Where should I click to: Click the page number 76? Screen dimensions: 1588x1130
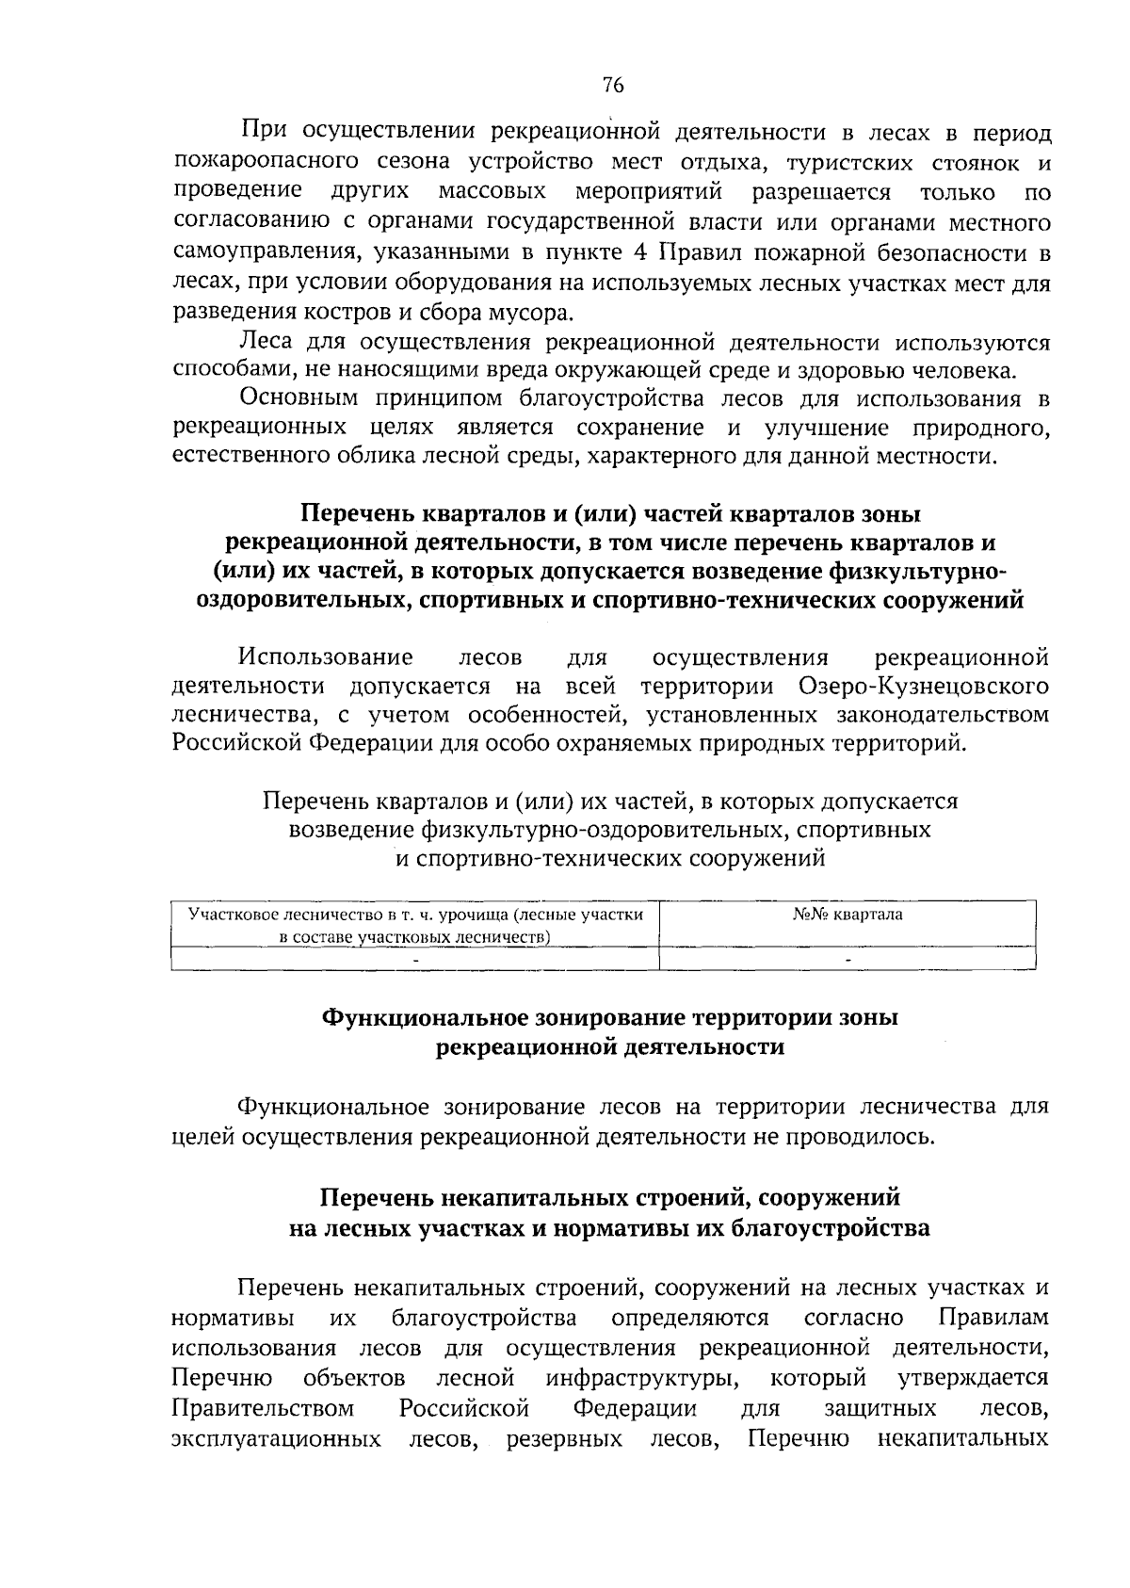pyautogui.click(x=613, y=86)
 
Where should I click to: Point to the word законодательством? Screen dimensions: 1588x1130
pyautogui.click(x=951, y=715)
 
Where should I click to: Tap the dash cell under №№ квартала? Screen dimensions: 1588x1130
pyautogui.click(x=847, y=959)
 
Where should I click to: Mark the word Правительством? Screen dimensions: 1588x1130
pyautogui.click(x=264, y=1409)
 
